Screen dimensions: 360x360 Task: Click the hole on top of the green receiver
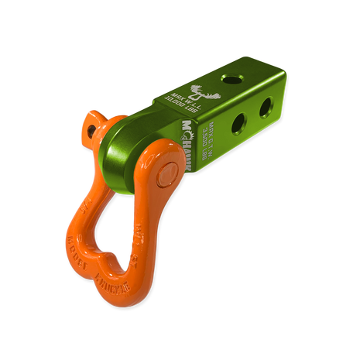click(x=231, y=81)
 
